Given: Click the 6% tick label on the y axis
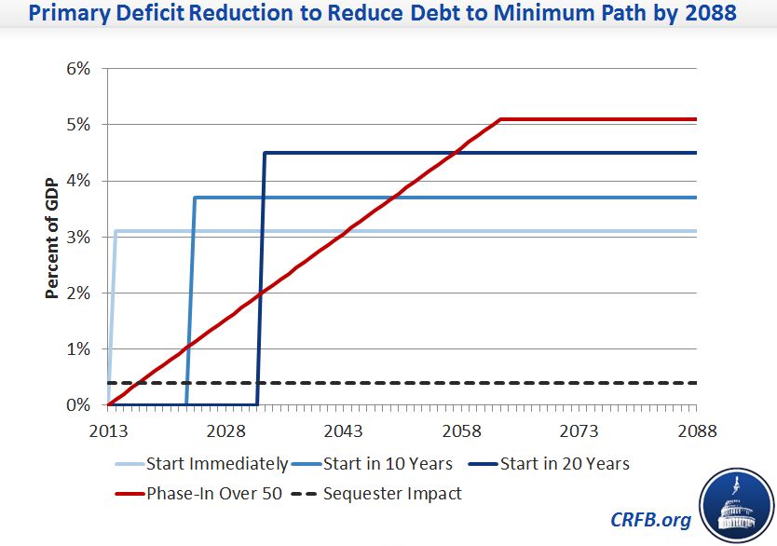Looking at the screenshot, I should point(77,69).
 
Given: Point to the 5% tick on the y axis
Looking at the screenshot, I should point(77,125).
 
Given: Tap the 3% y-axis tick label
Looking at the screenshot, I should point(77,237).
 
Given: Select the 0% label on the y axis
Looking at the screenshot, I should point(77,405).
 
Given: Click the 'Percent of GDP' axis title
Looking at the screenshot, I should point(54,237).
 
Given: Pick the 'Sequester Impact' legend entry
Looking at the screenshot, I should point(391,493).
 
